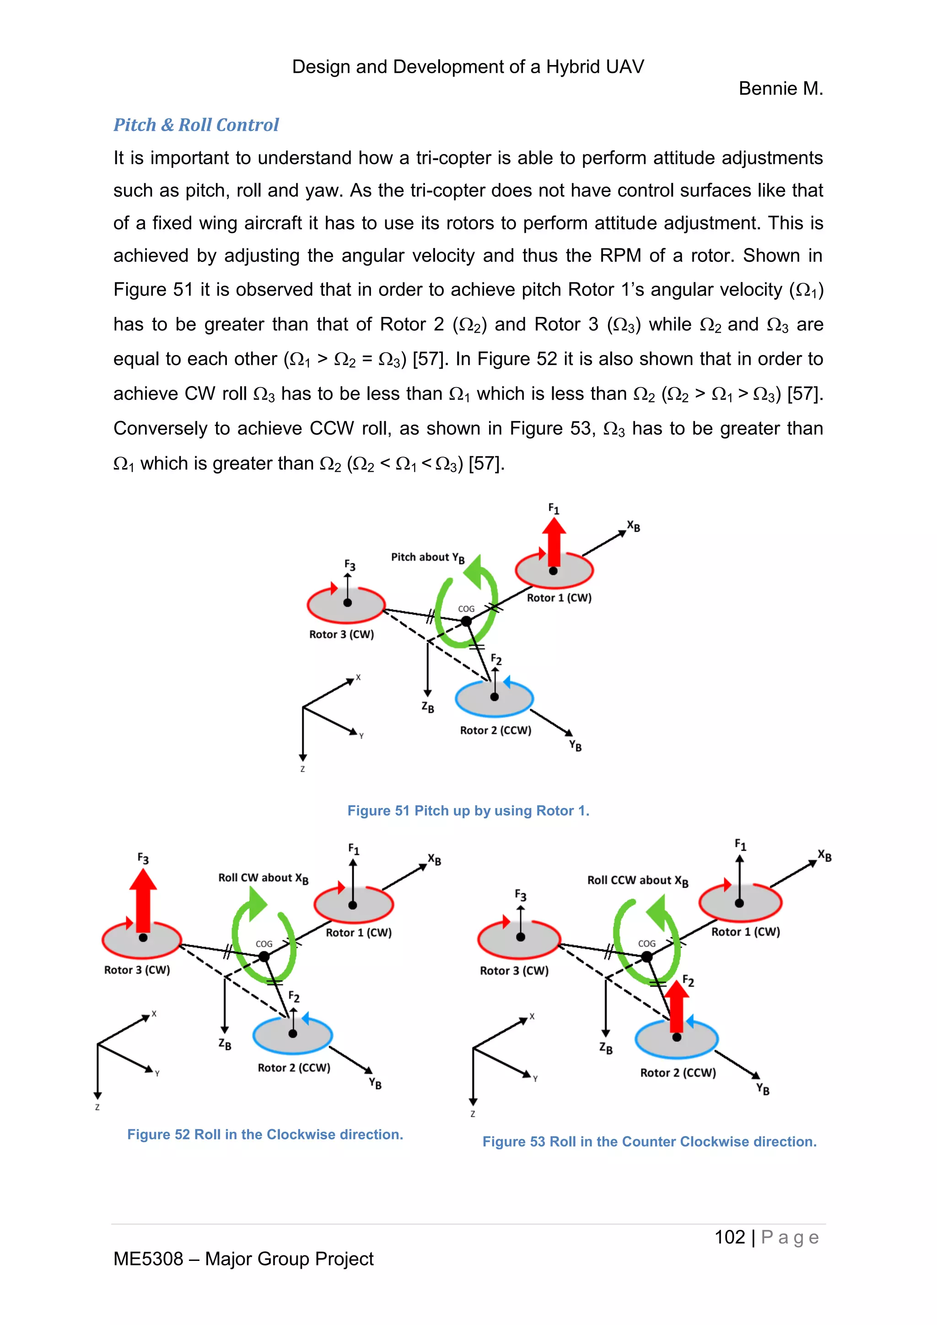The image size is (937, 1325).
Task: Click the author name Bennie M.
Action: (780, 89)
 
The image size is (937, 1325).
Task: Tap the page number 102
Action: (729, 1237)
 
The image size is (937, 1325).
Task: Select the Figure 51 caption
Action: (468, 811)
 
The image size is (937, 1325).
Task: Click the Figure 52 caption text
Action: (265, 1135)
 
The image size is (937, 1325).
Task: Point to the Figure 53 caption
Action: (649, 1142)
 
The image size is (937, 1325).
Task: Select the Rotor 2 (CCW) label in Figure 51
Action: (495, 731)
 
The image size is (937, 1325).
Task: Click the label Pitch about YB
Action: (427, 557)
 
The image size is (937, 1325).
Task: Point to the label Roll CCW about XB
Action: (637, 881)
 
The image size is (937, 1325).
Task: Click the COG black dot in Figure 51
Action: (466, 621)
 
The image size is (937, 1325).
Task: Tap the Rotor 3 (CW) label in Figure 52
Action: (137, 970)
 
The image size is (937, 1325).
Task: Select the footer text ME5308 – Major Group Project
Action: (243, 1259)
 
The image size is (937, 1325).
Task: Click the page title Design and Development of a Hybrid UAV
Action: (468, 67)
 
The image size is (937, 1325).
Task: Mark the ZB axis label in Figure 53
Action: (605, 1047)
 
